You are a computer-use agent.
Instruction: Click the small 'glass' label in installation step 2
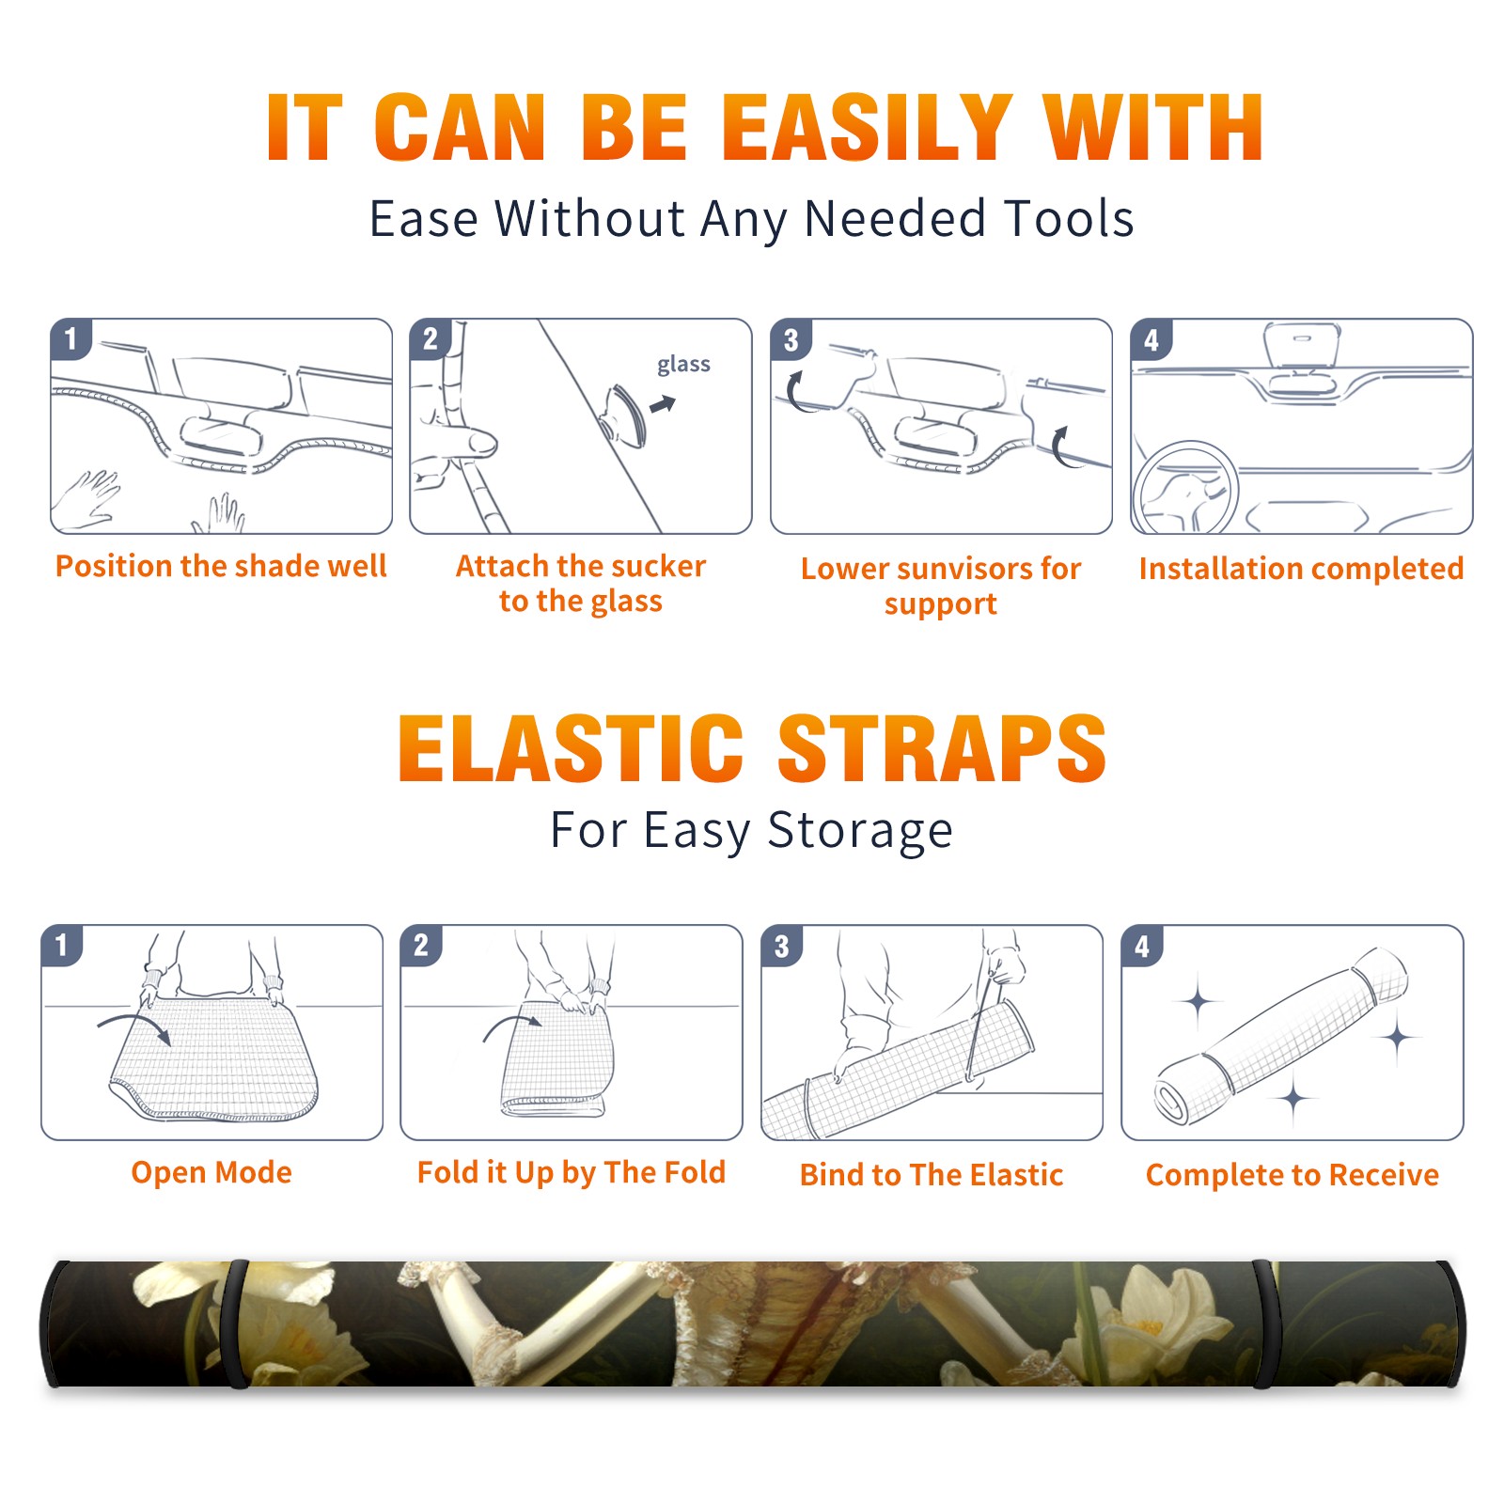point(683,365)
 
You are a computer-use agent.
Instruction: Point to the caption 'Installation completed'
point(1301,568)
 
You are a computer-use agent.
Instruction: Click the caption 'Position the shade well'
point(221,566)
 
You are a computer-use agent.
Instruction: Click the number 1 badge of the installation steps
point(70,337)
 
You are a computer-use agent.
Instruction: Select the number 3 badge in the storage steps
point(781,945)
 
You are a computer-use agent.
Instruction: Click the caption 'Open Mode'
point(211,1172)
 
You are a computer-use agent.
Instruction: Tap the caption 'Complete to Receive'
point(1292,1175)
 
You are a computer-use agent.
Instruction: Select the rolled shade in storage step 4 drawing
point(1281,1035)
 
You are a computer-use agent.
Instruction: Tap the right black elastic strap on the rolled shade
point(1266,1324)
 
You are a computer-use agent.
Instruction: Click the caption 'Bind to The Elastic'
point(932,1175)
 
